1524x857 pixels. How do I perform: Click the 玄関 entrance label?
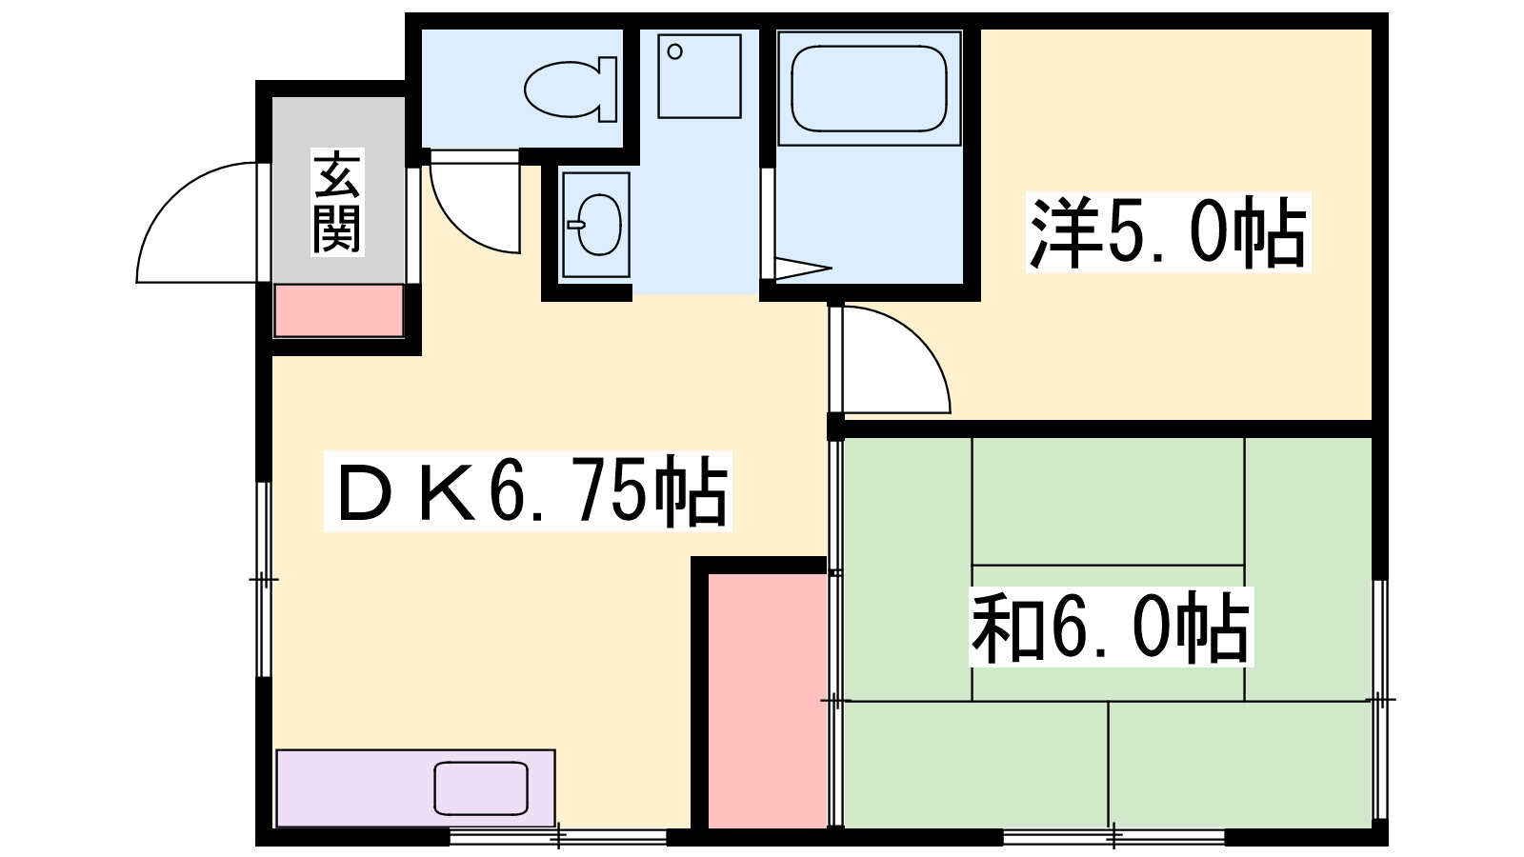click(x=337, y=202)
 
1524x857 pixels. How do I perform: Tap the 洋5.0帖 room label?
click(x=1168, y=233)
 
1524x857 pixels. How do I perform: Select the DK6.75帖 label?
click(x=528, y=490)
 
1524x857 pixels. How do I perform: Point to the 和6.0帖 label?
click(x=1111, y=627)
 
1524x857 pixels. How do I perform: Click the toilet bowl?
click(x=571, y=90)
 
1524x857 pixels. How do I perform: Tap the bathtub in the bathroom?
click(x=869, y=89)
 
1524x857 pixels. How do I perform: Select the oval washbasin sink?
click(x=596, y=225)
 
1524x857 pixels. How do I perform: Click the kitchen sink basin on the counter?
click(x=481, y=788)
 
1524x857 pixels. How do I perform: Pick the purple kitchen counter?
click(x=415, y=788)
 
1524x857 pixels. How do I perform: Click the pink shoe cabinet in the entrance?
click(x=338, y=310)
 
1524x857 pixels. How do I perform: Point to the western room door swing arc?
click(x=918, y=337)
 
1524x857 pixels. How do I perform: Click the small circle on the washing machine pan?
click(x=675, y=51)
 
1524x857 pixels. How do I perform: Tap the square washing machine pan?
click(x=699, y=76)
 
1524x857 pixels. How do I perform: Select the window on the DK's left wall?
click(x=264, y=580)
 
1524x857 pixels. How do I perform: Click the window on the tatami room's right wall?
click(x=1380, y=699)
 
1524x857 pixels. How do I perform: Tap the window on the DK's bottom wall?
click(x=558, y=837)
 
